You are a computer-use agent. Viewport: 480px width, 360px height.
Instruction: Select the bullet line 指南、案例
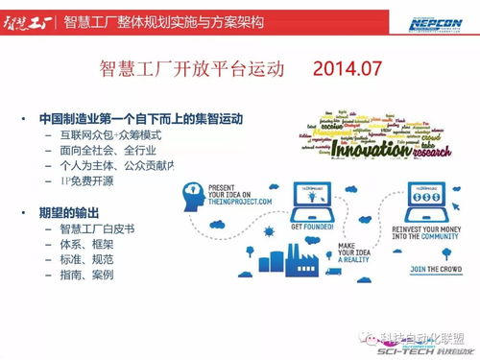point(85,275)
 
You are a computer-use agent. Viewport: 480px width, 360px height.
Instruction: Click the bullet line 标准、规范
point(85,259)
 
